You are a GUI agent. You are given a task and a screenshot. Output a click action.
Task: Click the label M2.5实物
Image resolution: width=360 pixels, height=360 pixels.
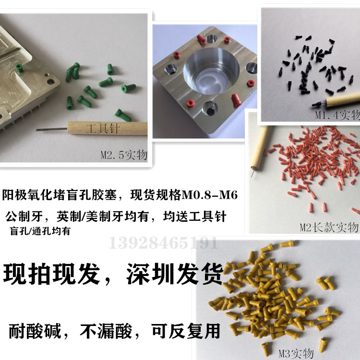pos(123,155)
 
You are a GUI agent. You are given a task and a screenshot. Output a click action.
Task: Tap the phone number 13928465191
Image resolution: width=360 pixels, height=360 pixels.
pos(164,242)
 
